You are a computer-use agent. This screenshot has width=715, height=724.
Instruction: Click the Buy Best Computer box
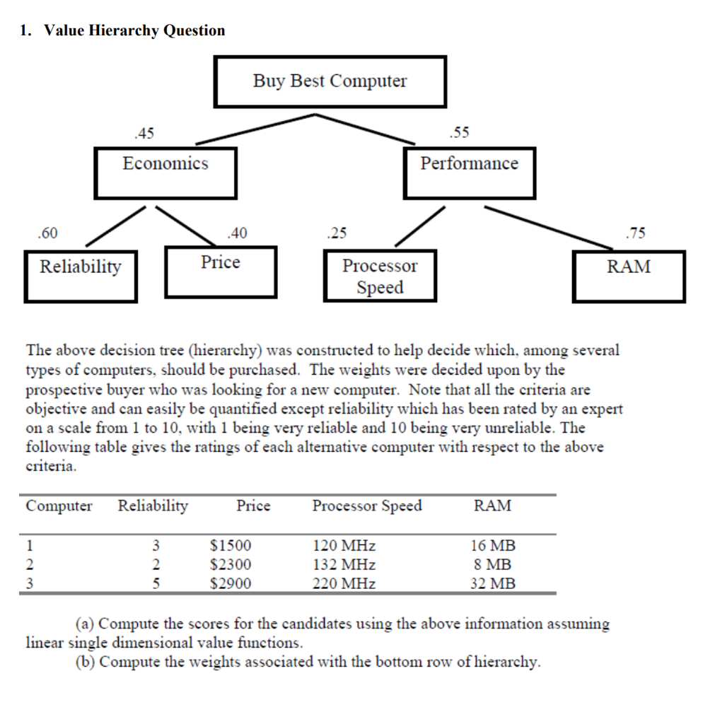click(330, 81)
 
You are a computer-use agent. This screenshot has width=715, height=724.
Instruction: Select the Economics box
click(165, 172)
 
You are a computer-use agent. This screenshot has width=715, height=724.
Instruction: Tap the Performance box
click(469, 173)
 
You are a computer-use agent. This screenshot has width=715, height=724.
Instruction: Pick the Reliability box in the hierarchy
click(80, 275)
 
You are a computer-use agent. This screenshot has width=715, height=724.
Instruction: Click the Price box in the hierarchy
click(221, 271)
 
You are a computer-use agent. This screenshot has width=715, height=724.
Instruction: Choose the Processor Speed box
click(380, 276)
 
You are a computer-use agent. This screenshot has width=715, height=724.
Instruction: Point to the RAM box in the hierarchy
click(628, 276)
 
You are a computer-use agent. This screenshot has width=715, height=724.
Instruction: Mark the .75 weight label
click(636, 233)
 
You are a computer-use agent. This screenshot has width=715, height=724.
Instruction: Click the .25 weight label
click(337, 233)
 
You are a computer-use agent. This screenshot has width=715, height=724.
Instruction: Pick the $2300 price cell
click(231, 564)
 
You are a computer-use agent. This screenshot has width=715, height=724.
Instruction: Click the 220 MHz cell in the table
click(344, 583)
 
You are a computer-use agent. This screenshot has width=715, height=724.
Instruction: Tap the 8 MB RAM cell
click(493, 564)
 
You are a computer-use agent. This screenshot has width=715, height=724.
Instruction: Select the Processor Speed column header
click(366, 506)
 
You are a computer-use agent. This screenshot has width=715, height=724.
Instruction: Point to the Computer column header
click(59, 506)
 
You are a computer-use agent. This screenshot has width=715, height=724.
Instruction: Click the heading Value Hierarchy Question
click(134, 30)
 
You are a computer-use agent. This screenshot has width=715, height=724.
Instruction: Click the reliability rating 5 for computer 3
click(157, 583)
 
